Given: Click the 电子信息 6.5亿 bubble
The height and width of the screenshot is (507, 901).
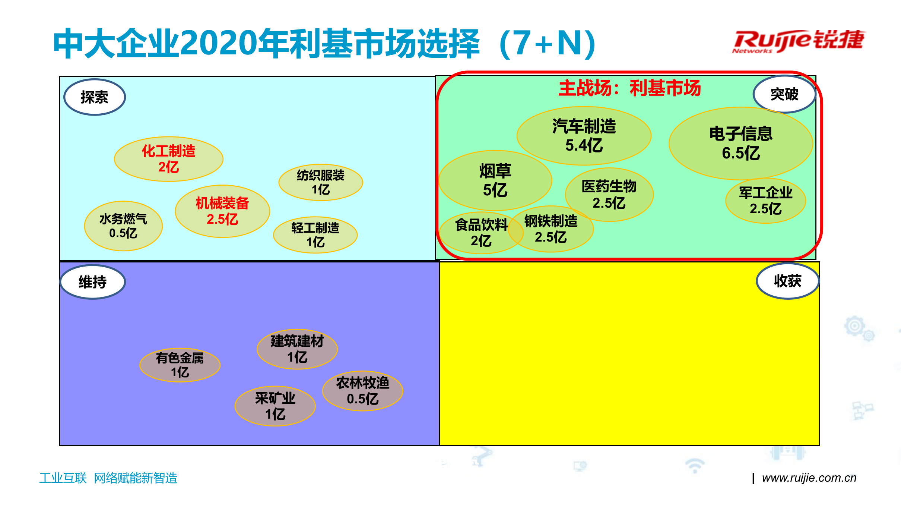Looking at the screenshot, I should coord(740,144).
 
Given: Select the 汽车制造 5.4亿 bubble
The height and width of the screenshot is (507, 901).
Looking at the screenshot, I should coord(584,136).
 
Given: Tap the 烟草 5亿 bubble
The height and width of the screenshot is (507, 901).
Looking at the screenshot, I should coord(495,181).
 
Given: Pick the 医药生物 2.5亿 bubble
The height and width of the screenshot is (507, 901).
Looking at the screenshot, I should coord(609,195).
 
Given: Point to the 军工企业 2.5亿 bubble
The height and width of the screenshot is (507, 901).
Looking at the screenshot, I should coord(765,201).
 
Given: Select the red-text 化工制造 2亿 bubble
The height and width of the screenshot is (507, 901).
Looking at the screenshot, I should coord(168,159).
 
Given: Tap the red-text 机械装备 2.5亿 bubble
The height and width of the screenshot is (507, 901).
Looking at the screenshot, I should coord(222,211).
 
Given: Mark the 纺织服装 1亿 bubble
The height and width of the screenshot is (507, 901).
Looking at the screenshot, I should coord(320,182).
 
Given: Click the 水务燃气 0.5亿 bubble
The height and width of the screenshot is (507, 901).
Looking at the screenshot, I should coord(123,226).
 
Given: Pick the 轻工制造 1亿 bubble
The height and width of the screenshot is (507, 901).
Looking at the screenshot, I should coord(315,235).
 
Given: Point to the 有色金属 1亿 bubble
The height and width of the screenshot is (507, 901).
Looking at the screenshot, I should coord(180,365).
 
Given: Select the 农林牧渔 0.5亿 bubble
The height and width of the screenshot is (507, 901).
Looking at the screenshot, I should coord(362,391).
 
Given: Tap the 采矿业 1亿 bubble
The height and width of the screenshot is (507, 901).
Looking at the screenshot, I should coord(275,406).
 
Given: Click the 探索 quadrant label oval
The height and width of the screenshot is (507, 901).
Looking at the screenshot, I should coord(95,97).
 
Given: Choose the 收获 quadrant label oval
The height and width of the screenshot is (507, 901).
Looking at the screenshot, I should coord(787,281).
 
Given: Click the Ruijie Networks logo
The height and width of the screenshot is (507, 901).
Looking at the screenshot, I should coord(798,41).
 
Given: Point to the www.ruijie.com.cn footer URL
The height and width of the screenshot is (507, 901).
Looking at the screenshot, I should coord(809,478).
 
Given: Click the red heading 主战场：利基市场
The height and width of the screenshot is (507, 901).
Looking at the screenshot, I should coord(629,88).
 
